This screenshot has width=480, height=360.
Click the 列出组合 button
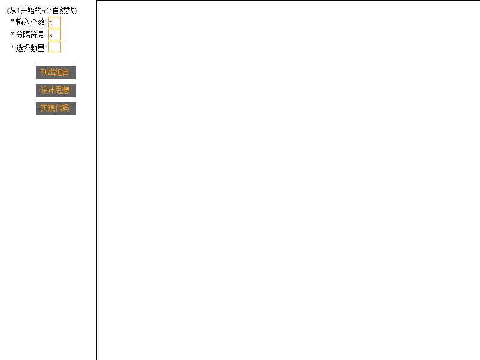coord(56,73)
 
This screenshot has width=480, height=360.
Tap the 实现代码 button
coord(56,109)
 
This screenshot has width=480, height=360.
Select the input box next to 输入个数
coord(54,22)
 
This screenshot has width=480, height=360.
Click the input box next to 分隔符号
coord(54,35)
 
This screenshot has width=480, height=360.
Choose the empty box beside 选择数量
coord(54,47)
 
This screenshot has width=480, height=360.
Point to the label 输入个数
coord(31,22)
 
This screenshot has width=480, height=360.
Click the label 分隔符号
coord(31,35)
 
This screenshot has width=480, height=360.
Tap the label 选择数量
coord(31,48)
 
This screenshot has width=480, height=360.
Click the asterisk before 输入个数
coord(13,21)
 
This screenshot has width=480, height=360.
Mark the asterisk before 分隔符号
coord(13,34)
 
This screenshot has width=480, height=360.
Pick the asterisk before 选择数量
coord(13,47)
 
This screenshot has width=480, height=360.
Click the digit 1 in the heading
coord(19,11)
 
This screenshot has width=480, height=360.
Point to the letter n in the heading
coord(43,11)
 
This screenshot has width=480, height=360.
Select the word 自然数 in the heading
coord(64,11)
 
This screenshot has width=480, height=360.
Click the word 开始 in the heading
coord(27,11)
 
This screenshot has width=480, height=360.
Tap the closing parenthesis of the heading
coord(76,11)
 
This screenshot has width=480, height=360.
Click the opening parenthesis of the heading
coord(8,11)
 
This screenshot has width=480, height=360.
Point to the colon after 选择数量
coord(46,49)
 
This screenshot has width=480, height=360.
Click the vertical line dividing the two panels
coord(97,180)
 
